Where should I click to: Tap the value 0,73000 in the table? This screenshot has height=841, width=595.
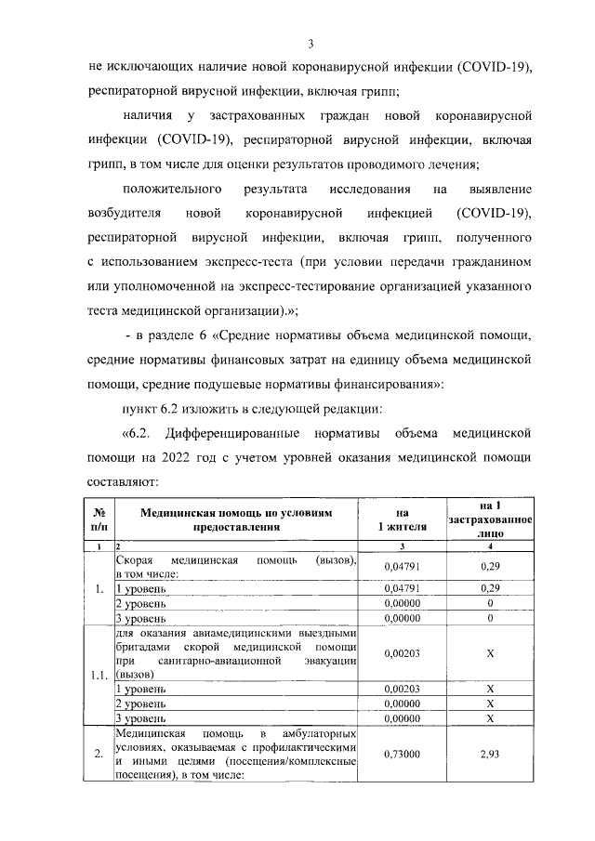point(402,755)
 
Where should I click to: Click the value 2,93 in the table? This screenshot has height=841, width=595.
point(489,755)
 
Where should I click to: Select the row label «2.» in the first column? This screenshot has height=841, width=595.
point(99,755)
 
